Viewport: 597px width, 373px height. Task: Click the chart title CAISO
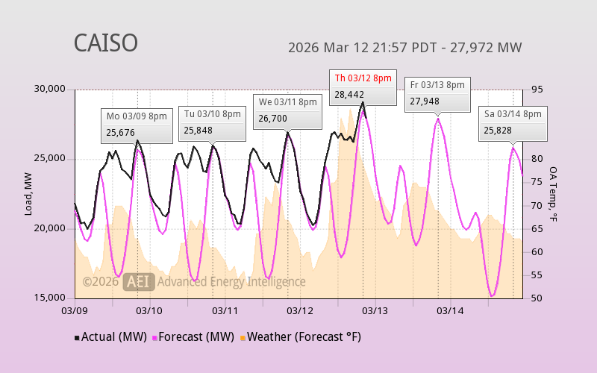(105, 43)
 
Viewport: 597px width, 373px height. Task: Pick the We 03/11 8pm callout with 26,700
(287, 110)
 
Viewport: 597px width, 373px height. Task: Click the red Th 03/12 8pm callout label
(363, 78)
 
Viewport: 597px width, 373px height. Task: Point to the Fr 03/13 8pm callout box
(437, 93)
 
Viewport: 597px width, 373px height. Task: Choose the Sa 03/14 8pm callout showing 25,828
(513, 122)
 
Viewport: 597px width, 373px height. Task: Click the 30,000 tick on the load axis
(50, 90)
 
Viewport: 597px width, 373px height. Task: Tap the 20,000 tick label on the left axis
(50, 228)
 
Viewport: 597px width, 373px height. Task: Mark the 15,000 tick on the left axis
(50, 298)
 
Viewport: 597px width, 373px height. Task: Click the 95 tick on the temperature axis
(537, 90)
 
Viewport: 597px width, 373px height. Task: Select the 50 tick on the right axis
(537, 298)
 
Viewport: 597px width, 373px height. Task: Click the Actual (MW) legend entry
(110, 337)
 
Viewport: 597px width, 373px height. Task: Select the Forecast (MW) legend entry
(193, 337)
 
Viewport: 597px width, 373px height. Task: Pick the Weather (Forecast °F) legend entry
(300, 337)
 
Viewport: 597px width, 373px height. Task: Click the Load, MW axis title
(28, 193)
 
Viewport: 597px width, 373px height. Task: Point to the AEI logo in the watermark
(140, 281)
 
